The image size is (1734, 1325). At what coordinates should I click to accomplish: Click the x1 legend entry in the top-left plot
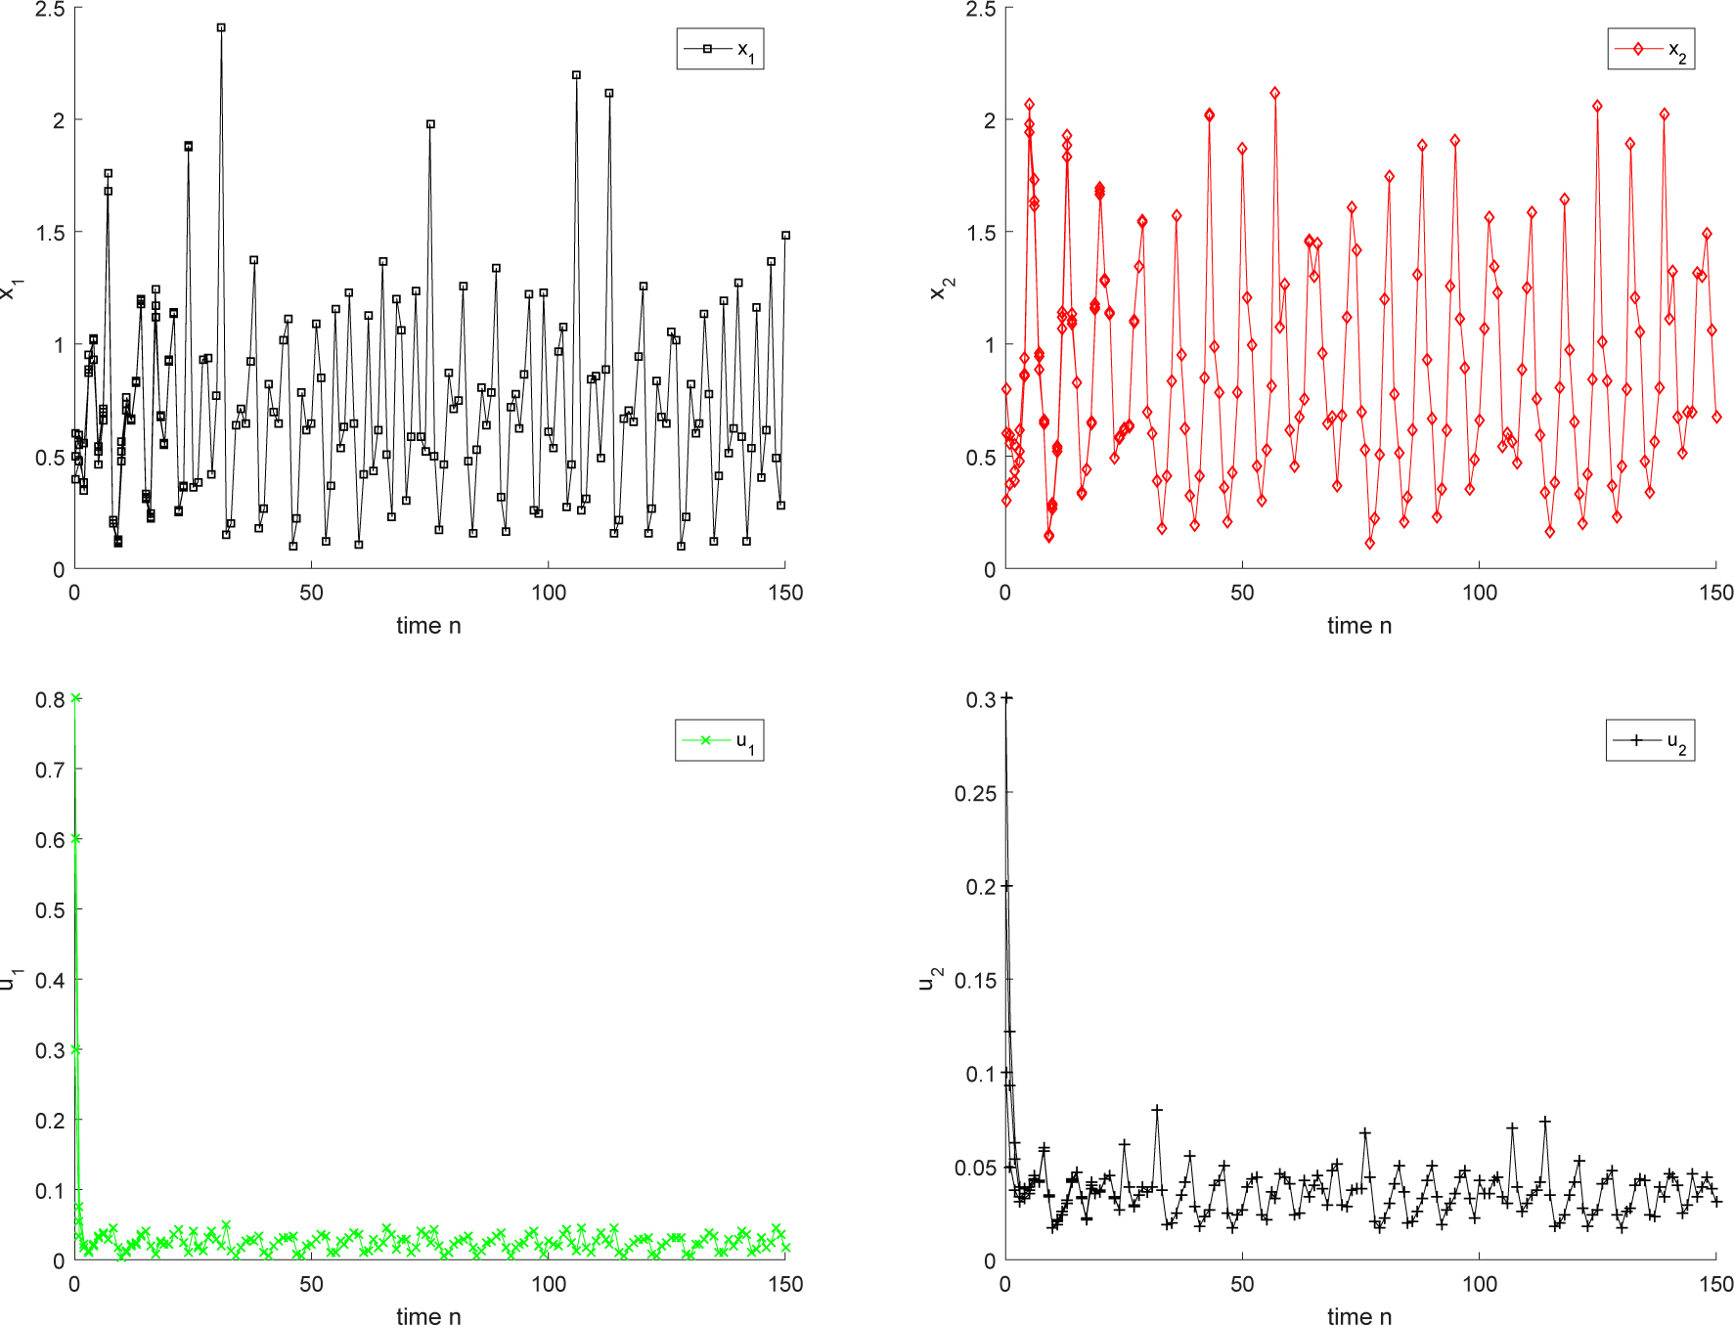pos(720,49)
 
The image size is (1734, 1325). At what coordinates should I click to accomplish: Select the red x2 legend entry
pos(1651,49)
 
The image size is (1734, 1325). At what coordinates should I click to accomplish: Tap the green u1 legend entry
pos(719,740)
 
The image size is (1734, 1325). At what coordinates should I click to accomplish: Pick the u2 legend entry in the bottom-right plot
pos(1650,740)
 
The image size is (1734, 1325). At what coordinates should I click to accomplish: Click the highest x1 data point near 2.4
pos(221,28)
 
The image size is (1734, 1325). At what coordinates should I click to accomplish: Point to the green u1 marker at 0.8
pos(76,698)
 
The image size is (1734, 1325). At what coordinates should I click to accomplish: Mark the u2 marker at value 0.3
pos(1007,698)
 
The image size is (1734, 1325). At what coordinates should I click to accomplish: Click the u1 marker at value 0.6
pos(76,839)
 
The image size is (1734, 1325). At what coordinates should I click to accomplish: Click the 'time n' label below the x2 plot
pos(1359,626)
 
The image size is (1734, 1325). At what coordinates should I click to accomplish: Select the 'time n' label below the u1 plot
pos(428,1316)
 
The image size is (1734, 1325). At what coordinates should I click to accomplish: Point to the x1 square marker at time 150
pos(785,236)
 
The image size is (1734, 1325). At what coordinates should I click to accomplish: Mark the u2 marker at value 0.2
pos(1007,886)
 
